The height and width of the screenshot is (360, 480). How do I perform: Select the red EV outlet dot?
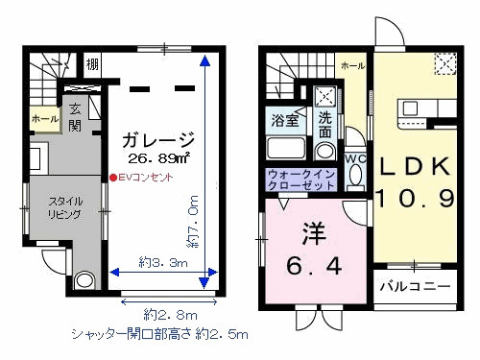(x=112, y=178)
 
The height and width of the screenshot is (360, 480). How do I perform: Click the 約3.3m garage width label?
(x=160, y=261)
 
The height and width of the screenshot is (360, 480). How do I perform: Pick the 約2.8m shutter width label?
(x=170, y=314)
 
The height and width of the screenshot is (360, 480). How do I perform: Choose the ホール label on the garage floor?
(x=44, y=118)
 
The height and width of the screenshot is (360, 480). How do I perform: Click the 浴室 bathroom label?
(x=284, y=122)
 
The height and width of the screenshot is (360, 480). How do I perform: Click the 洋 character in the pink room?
(x=312, y=234)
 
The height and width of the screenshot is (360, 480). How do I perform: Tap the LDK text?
(x=413, y=167)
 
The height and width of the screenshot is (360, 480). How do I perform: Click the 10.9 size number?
(x=413, y=201)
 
